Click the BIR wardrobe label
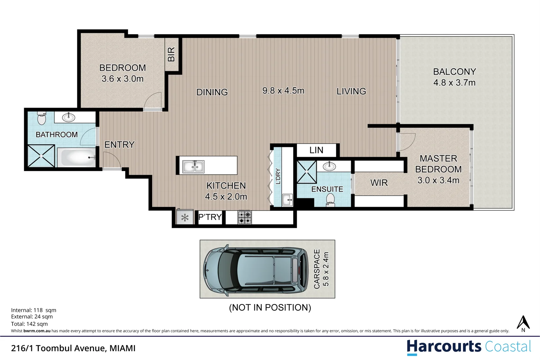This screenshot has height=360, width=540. [171, 54]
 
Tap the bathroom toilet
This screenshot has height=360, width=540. [42, 118]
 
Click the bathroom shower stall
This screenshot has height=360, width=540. [41, 156]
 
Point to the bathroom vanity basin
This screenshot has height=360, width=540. [69, 117]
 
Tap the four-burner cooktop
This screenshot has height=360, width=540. [245, 218]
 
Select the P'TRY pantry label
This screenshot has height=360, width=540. [210, 217]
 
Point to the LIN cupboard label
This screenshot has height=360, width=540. [316, 150]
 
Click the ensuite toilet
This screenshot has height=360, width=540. [330, 200]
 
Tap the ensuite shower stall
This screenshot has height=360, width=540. [307, 172]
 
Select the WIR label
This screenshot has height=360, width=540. [379, 183]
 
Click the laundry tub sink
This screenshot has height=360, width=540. [287, 200]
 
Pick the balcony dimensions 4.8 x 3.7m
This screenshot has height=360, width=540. [454, 83]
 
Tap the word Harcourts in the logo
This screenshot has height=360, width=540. [444, 347]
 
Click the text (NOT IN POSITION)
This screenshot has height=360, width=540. [270, 307]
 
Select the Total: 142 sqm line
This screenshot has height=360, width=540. [29, 324]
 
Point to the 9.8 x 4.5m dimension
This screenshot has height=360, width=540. [283, 91]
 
